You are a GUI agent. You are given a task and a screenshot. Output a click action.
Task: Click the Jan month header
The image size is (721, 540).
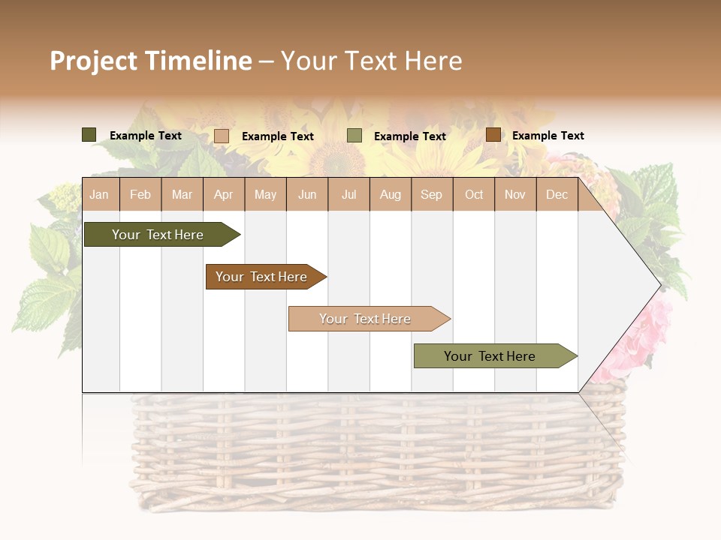[99, 194]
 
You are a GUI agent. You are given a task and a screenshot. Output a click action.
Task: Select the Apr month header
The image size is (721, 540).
[223, 194]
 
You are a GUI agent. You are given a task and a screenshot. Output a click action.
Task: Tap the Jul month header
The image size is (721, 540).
[348, 194]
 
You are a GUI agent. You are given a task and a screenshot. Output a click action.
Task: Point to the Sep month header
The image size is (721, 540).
[431, 194]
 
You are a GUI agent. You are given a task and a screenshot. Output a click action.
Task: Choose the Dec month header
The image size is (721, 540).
[557, 194]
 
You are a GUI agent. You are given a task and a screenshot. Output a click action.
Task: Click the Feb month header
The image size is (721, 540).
[140, 194]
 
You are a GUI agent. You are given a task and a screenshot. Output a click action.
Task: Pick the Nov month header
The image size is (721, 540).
[515, 194]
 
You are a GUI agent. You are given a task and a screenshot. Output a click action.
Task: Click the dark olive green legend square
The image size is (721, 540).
[89, 135]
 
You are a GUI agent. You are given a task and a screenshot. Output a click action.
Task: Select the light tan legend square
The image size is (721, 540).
[222, 136]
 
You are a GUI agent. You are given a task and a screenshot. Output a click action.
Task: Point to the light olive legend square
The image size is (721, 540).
[354, 136]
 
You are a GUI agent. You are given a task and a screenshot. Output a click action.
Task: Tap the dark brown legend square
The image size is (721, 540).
[493, 135]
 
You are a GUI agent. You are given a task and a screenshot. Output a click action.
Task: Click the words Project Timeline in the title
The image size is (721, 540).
[151, 61]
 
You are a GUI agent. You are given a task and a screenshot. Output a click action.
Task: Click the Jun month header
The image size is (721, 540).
[307, 194]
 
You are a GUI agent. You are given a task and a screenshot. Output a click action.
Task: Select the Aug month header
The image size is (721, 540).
[390, 194]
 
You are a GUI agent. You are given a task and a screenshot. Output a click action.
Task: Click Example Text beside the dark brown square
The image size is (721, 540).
[548, 136]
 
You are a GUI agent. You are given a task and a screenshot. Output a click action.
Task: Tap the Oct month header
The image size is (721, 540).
[474, 194]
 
